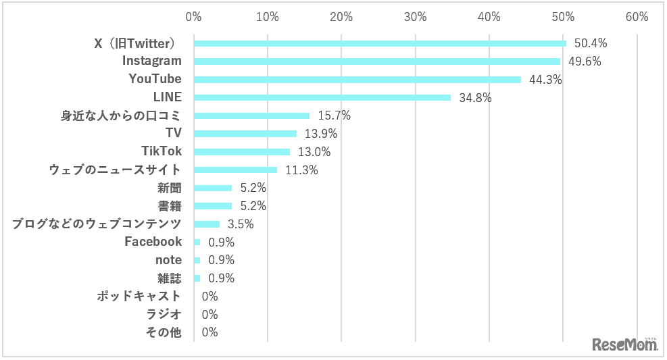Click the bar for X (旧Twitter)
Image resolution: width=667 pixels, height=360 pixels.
coord(380,43)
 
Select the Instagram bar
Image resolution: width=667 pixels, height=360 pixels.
coord(377,61)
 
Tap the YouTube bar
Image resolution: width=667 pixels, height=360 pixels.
coord(357,80)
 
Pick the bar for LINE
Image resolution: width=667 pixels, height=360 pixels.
coord(322,97)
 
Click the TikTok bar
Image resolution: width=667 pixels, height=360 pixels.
coord(242,152)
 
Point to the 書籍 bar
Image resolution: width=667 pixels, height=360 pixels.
coord(213,206)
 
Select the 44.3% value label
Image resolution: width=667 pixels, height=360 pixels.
coord(545,80)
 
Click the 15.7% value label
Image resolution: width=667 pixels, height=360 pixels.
coord(334,115)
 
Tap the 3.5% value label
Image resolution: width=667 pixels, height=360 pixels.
coord(240,224)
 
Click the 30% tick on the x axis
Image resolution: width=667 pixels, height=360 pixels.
coord(416,16)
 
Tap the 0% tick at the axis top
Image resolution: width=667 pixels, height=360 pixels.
coord(194,16)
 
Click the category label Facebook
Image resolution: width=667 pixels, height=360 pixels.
coord(153,241)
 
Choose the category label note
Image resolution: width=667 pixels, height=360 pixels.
coord(168,259)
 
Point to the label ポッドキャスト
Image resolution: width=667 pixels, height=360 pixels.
coord(139,296)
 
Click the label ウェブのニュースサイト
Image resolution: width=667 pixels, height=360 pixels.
coord(116,170)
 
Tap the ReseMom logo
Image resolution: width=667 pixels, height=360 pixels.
coord(625,344)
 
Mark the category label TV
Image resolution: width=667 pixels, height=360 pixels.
coord(174,133)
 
